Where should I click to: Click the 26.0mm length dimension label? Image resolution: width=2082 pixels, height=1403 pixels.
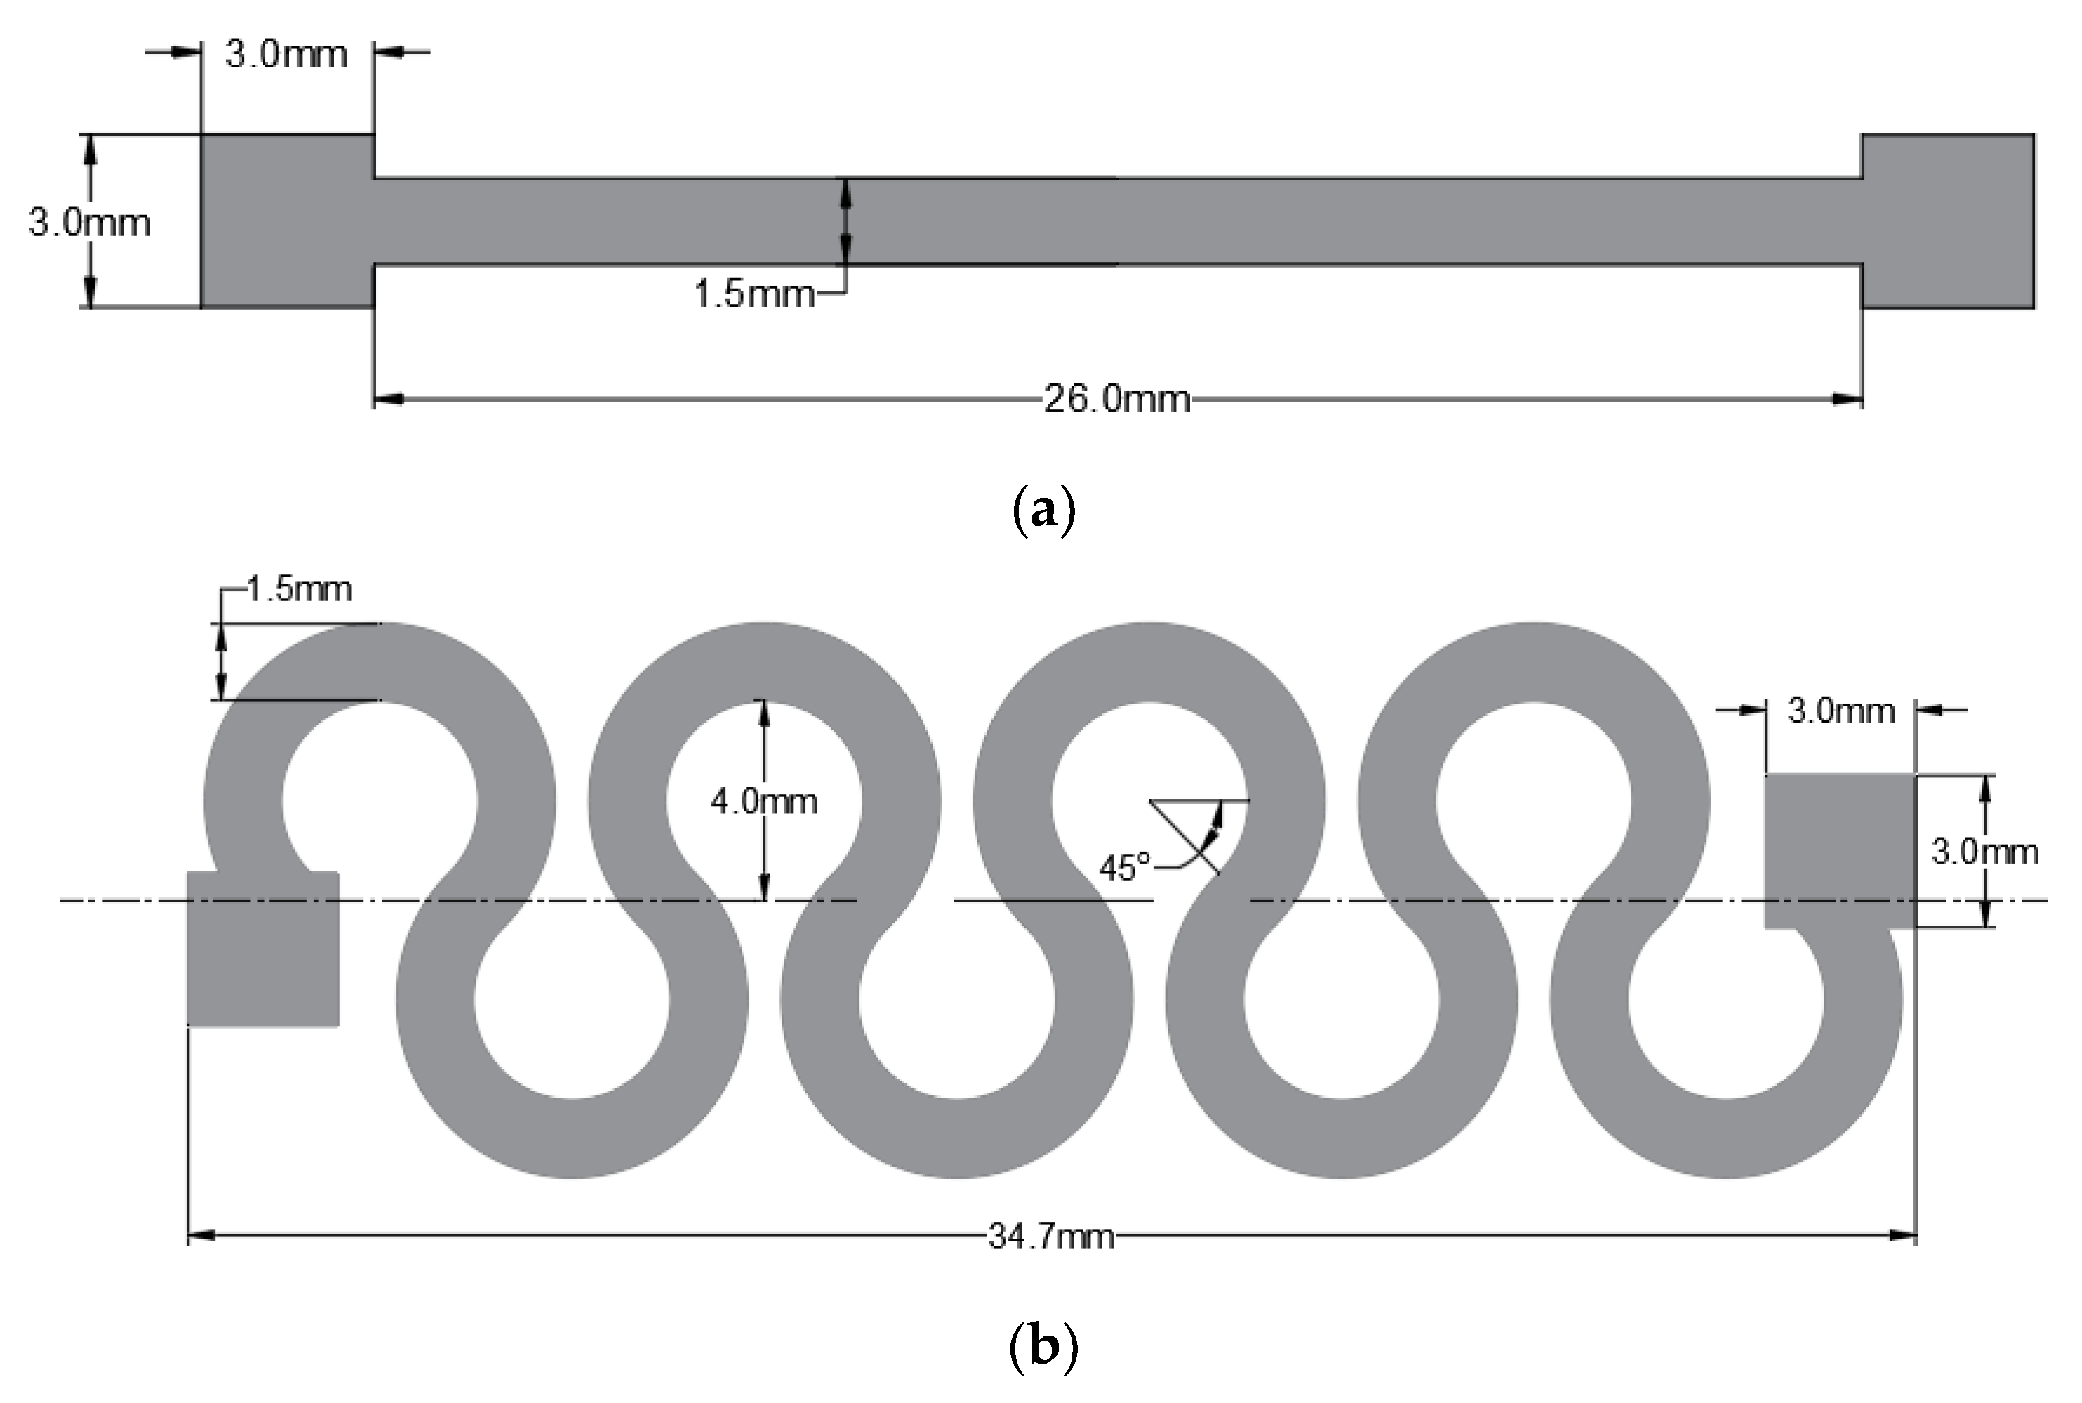[1116, 398]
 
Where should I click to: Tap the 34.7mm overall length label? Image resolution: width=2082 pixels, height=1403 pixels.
[1051, 1237]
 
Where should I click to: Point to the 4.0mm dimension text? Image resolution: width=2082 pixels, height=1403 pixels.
[764, 801]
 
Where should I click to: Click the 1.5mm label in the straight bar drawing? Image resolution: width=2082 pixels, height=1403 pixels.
[754, 293]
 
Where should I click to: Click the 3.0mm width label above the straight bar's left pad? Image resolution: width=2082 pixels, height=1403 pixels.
[286, 55]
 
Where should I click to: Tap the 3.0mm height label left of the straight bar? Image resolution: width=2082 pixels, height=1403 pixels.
[89, 222]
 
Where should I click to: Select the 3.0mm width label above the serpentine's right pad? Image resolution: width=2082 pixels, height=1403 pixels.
[1841, 711]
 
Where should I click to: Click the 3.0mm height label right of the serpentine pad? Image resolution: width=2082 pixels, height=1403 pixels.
[1984, 851]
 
